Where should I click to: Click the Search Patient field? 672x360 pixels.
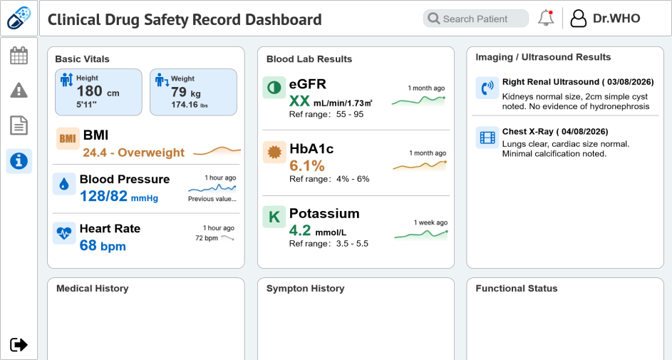[476, 19]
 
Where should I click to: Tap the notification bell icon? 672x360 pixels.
[546, 19]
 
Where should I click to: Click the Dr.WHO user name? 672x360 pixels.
[616, 19]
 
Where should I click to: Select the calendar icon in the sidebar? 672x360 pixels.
[19, 56]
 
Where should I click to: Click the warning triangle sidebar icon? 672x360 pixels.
[19, 90]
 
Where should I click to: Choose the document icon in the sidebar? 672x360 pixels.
[19, 125]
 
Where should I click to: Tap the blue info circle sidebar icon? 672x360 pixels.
[19, 161]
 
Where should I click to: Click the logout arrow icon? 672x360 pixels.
[19, 344]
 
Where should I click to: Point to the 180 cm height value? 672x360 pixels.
[98, 91]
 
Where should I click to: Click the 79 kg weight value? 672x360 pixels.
[185, 92]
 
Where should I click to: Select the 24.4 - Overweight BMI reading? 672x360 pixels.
[134, 153]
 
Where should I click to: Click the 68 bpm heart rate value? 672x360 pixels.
[103, 245]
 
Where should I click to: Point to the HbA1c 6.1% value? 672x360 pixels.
[307, 165]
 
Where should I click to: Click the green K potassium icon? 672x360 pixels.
[274, 217]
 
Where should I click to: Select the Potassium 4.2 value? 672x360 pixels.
[300, 230]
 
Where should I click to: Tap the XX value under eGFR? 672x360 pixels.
[299, 101]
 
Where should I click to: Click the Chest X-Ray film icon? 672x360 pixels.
[487, 138]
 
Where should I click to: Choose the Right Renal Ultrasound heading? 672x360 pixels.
[578, 82]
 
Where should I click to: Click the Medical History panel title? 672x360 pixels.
[93, 289]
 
